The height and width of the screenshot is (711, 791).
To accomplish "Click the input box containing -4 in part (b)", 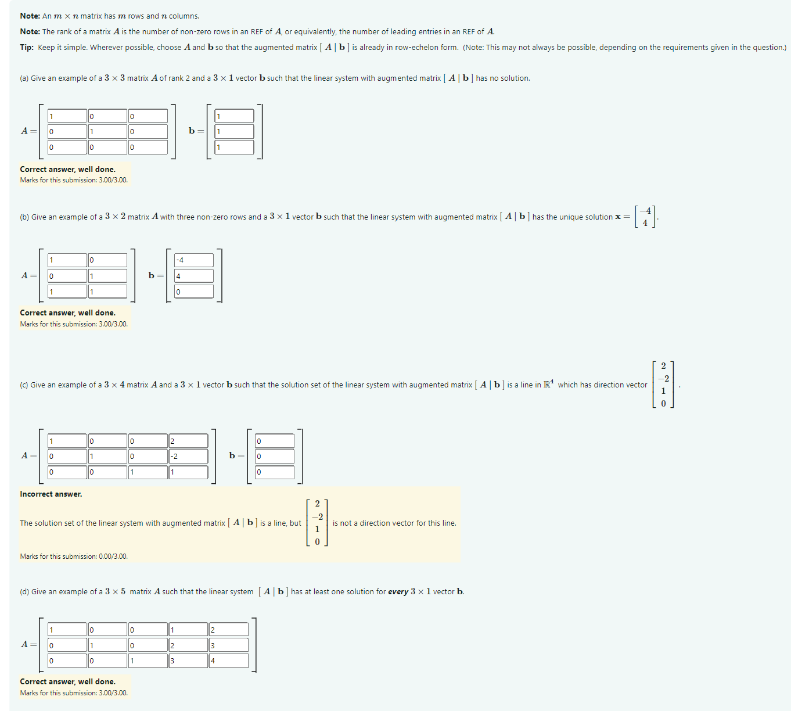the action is pyautogui.click(x=193, y=260).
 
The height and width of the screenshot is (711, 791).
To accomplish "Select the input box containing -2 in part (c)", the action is pyautogui.click(x=188, y=457).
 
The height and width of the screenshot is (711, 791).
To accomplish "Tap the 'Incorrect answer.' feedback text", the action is pyautogui.click(x=51, y=494).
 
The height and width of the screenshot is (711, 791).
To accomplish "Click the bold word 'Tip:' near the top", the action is pyautogui.click(x=27, y=48).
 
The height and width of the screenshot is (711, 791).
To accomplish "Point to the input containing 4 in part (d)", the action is pyautogui.click(x=229, y=661).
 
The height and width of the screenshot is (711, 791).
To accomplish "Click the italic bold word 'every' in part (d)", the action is pyautogui.click(x=398, y=592).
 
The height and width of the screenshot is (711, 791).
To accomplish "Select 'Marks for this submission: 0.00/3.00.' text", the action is pyautogui.click(x=74, y=556).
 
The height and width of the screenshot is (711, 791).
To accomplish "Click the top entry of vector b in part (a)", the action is pyautogui.click(x=234, y=116).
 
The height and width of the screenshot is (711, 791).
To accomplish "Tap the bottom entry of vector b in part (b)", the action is pyautogui.click(x=193, y=292).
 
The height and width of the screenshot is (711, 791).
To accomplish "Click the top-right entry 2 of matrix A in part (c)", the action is pyautogui.click(x=188, y=441).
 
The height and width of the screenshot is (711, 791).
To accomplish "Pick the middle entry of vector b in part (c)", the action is pyautogui.click(x=275, y=457).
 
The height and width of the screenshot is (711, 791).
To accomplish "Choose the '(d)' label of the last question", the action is pyautogui.click(x=24, y=592).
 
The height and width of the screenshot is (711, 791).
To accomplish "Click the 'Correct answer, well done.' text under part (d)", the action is pyautogui.click(x=67, y=682).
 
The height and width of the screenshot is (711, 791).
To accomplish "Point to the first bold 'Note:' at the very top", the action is pyautogui.click(x=30, y=16).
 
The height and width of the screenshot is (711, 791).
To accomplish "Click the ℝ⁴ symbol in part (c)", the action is pyautogui.click(x=548, y=385).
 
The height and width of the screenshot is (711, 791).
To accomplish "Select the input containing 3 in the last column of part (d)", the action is pyautogui.click(x=229, y=645).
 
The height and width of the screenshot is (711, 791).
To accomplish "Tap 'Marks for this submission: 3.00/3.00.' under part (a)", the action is pyautogui.click(x=74, y=180).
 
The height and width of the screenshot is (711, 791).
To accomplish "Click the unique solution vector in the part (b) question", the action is pyautogui.click(x=645, y=217).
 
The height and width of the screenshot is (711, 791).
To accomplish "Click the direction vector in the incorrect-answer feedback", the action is pyautogui.click(x=317, y=523).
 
